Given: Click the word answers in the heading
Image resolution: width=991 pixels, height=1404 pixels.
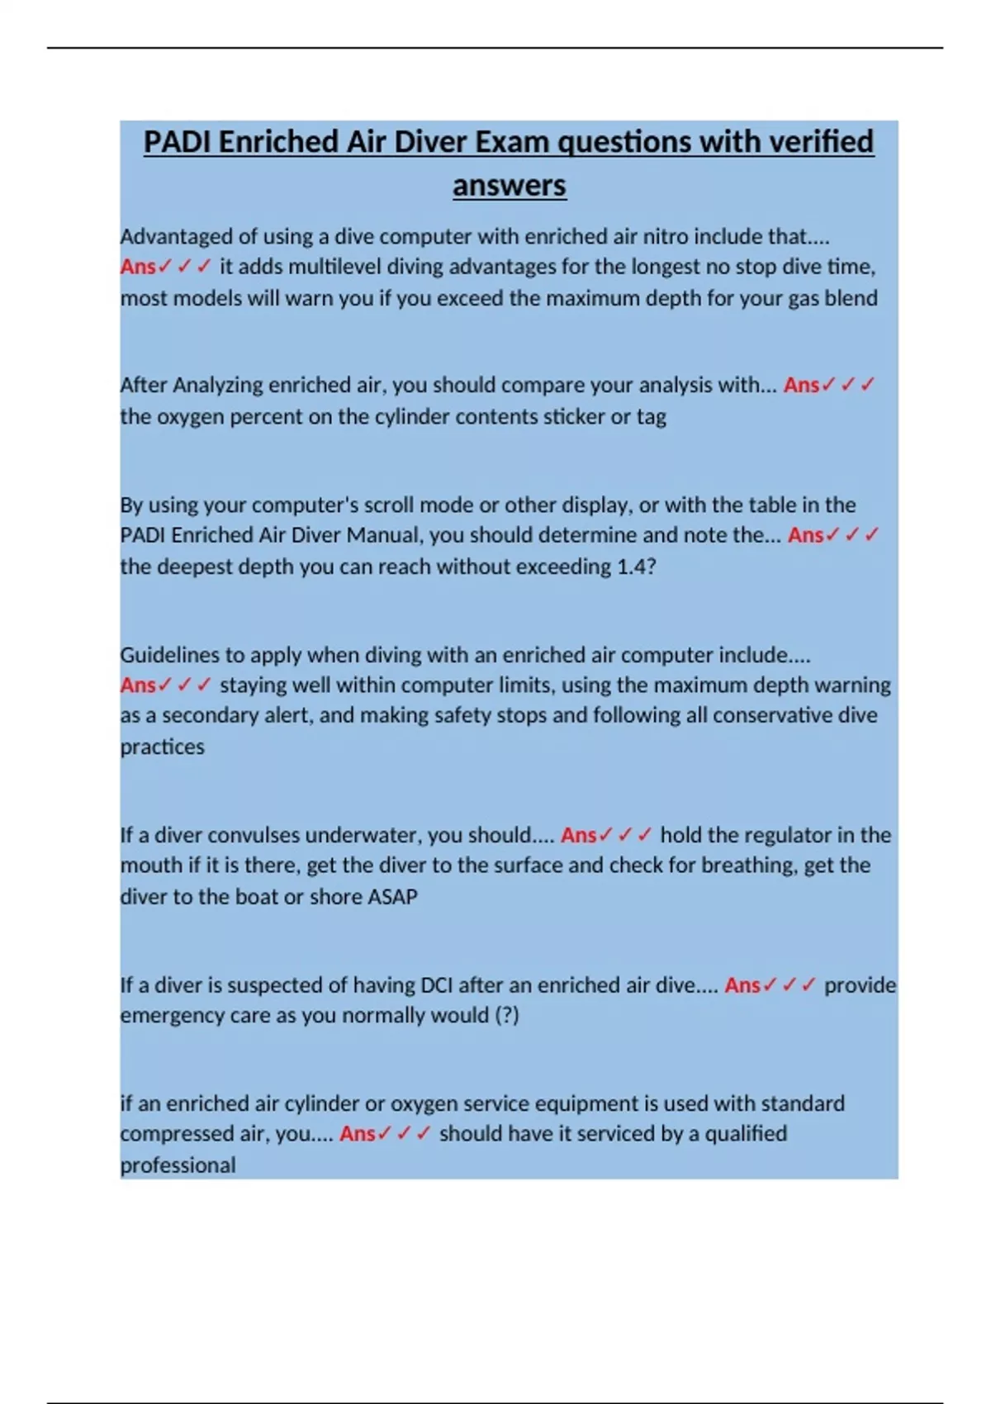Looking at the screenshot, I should (509, 185).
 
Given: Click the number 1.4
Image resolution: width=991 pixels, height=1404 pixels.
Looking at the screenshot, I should (636, 567).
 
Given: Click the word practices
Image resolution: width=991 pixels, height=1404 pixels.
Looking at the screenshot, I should (162, 747).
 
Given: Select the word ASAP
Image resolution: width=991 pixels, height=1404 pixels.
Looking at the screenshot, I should (391, 897).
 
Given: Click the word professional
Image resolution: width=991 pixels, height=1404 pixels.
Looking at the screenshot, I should (178, 1165).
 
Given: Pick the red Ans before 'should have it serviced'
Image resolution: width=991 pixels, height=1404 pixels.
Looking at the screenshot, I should (357, 1134).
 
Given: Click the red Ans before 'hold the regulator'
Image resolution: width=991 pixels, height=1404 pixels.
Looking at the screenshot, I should (578, 835).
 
